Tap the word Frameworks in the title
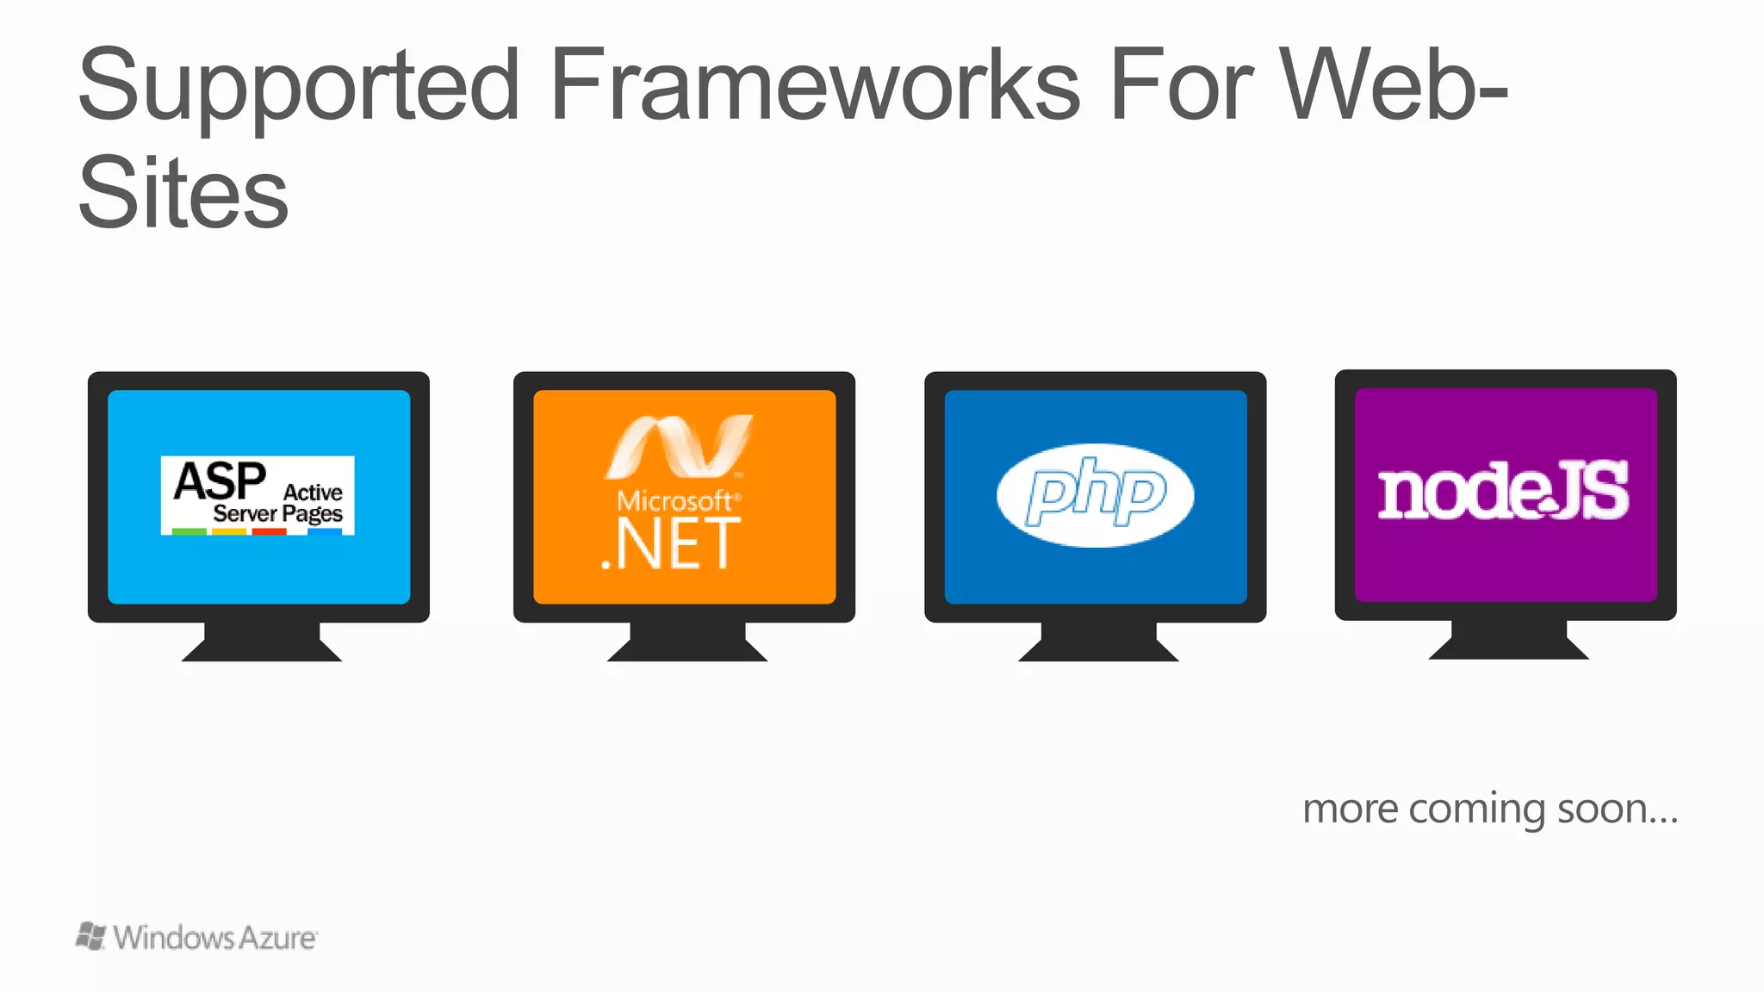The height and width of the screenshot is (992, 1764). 814,86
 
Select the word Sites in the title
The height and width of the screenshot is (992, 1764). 183,193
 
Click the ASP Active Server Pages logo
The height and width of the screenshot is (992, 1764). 258,495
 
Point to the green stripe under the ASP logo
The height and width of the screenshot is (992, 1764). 189,532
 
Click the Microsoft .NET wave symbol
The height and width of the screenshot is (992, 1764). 680,446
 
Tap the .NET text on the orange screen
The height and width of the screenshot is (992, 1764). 671,545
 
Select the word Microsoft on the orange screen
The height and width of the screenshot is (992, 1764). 674,501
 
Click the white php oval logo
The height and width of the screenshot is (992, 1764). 1095,495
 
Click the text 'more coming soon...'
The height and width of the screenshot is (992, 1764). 1490,809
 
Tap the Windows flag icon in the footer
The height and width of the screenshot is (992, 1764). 91,936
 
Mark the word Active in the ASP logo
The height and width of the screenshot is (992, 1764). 313,493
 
